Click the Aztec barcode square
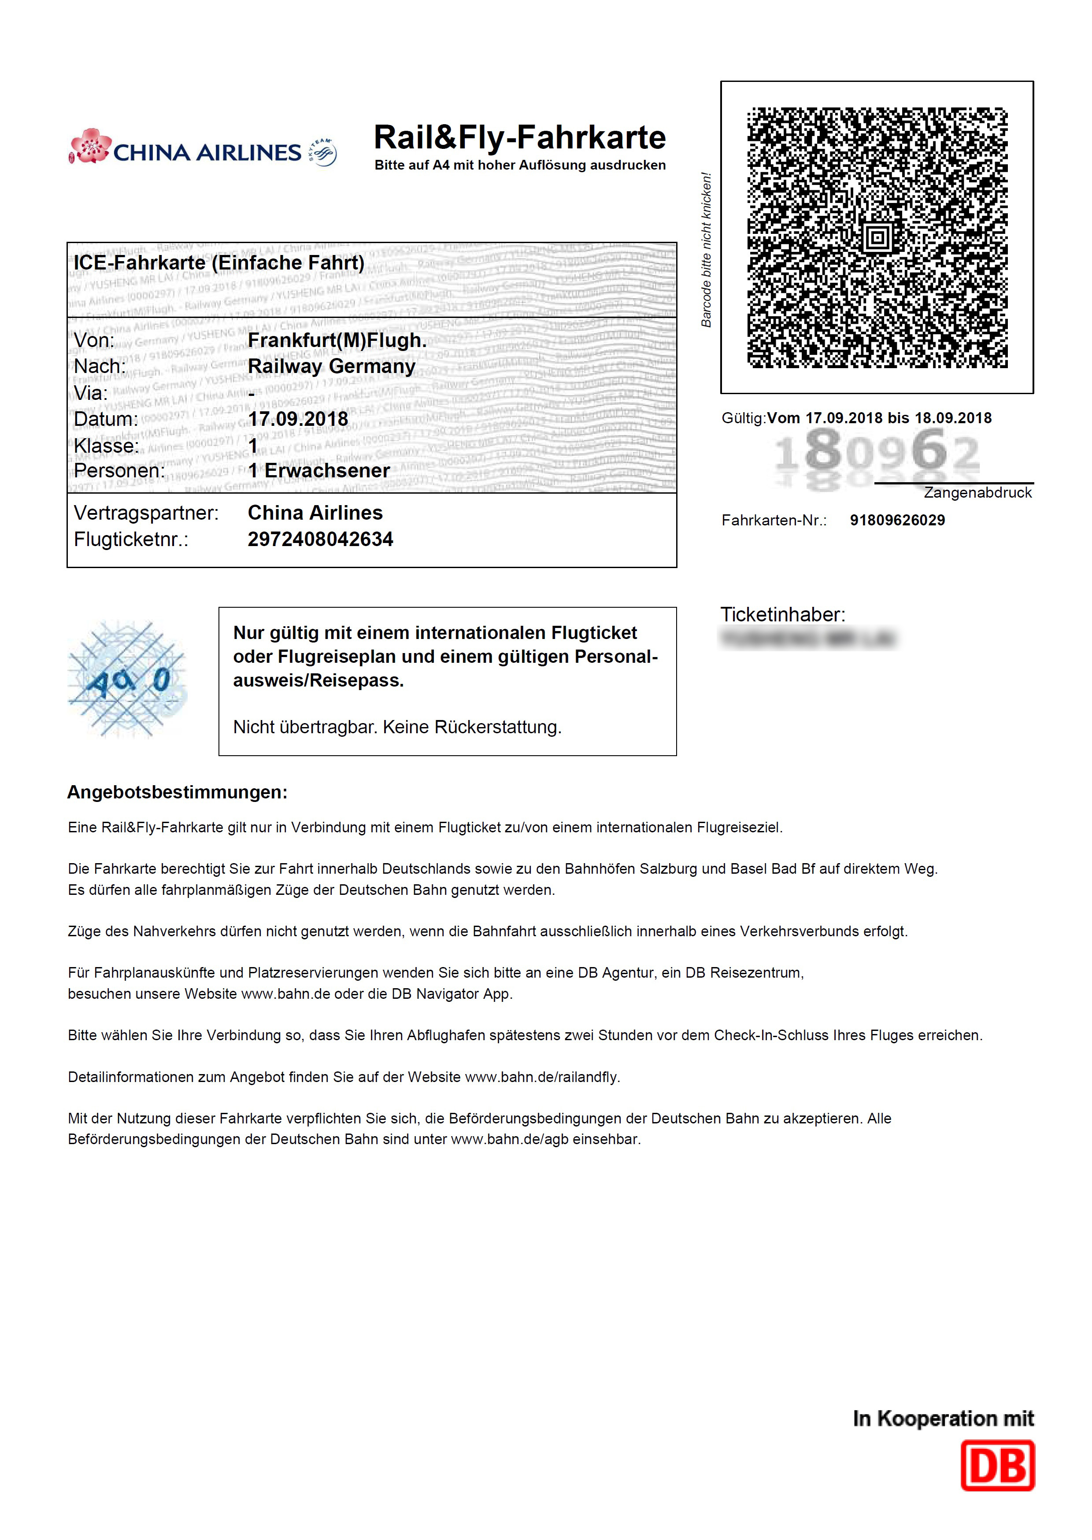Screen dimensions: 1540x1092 (877, 237)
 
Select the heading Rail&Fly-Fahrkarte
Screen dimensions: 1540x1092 (519, 138)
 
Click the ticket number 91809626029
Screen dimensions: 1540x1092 (897, 520)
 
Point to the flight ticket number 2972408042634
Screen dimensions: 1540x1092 (320, 539)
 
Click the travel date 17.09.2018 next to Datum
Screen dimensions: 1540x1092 (298, 419)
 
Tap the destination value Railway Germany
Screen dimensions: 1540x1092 (332, 366)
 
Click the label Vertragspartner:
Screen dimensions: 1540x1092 (146, 513)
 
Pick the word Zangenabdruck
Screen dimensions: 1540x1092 (977, 493)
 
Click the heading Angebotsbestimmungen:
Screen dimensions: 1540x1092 (177, 793)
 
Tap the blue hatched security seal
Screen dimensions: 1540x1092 (126, 680)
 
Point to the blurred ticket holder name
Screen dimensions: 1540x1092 (807, 639)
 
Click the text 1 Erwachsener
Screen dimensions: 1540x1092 (319, 470)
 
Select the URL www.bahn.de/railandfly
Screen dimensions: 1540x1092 (541, 1077)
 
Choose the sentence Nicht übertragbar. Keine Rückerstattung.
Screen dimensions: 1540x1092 (397, 728)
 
